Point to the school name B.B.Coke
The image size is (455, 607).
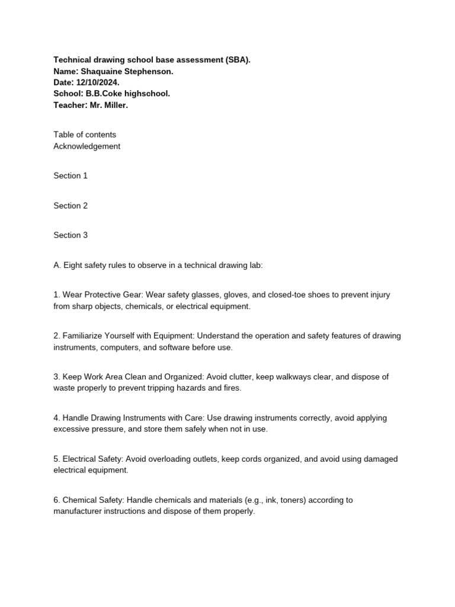point(102,94)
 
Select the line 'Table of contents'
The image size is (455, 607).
point(85,135)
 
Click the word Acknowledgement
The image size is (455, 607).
point(87,146)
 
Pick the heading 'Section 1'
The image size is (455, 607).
point(71,175)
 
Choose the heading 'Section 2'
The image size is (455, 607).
point(71,206)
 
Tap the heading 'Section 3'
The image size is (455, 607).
point(71,235)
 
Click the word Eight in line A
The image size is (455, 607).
point(73,265)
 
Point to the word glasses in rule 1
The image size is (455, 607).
point(205,295)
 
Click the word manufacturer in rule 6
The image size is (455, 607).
point(81,511)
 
